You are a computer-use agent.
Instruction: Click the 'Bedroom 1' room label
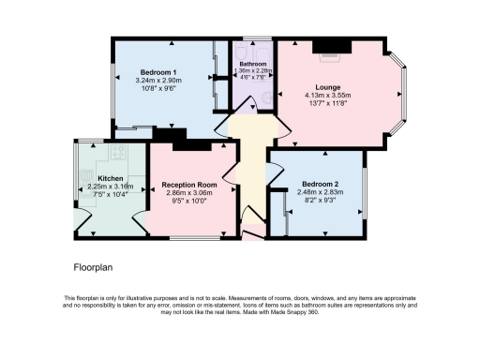157,72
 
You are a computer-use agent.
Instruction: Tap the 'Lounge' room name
327,87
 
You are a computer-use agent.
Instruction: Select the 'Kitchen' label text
111,178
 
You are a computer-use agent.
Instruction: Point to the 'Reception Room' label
189,186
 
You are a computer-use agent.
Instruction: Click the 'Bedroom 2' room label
321,184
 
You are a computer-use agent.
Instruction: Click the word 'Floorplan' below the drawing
93,268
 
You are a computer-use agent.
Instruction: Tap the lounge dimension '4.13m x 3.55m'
327,96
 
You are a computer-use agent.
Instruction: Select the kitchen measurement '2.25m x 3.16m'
111,186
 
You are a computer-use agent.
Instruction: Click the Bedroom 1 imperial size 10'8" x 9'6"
157,88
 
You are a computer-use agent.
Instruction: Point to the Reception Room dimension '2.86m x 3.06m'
189,193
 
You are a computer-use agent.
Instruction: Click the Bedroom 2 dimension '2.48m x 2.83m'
321,192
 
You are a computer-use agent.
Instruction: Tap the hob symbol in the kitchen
118,153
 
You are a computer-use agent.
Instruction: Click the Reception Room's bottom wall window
187,236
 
